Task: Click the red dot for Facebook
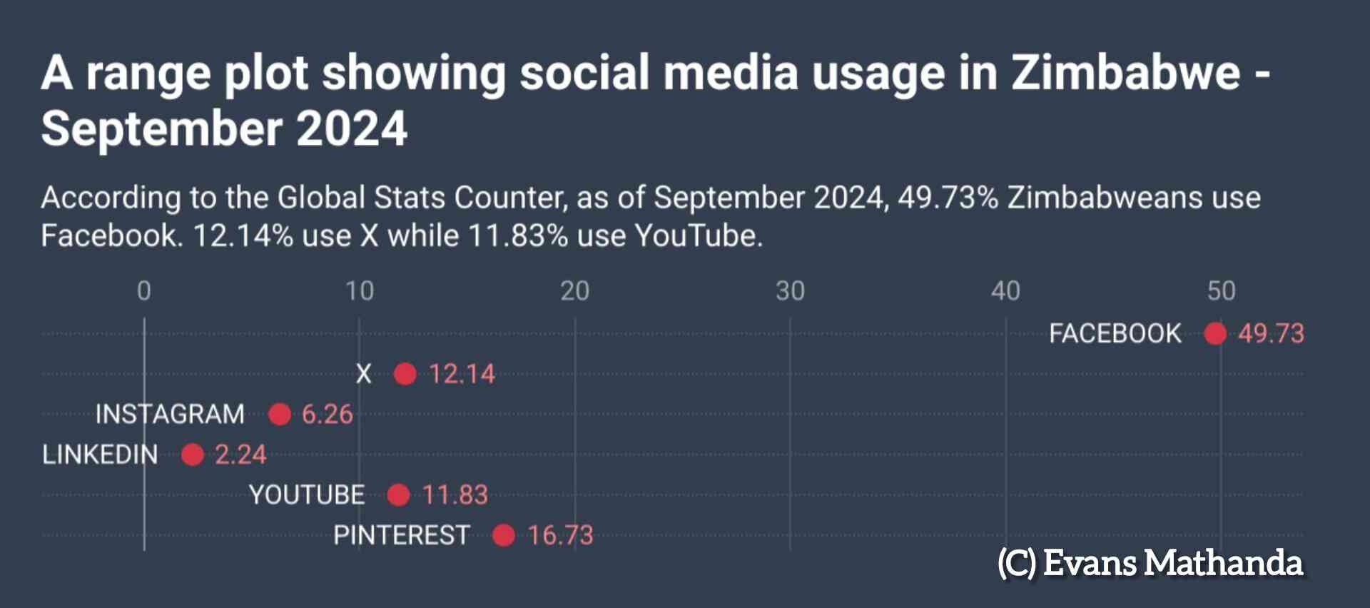click(x=1214, y=333)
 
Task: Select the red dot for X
click(x=405, y=374)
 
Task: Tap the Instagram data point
click(x=279, y=414)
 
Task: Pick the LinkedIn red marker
click(x=192, y=455)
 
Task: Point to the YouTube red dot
click(x=398, y=495)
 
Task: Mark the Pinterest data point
click(x=503, y=535)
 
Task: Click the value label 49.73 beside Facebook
click(x=1271, y=333)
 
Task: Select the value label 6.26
click(x=327, y=414)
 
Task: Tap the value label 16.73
click(x=560, y=535)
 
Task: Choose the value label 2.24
click(x=240, y=455)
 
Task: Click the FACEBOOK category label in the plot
click(x=1115, y=333)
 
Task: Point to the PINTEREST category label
click(x=401, y=535)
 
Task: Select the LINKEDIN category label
click(x=100, y=455)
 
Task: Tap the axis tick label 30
click(x=790, y=291)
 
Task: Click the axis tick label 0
click(x=144, y=291)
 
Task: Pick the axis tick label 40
click(x=1005, y=291)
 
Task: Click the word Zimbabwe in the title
click(x=1125, y=73)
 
